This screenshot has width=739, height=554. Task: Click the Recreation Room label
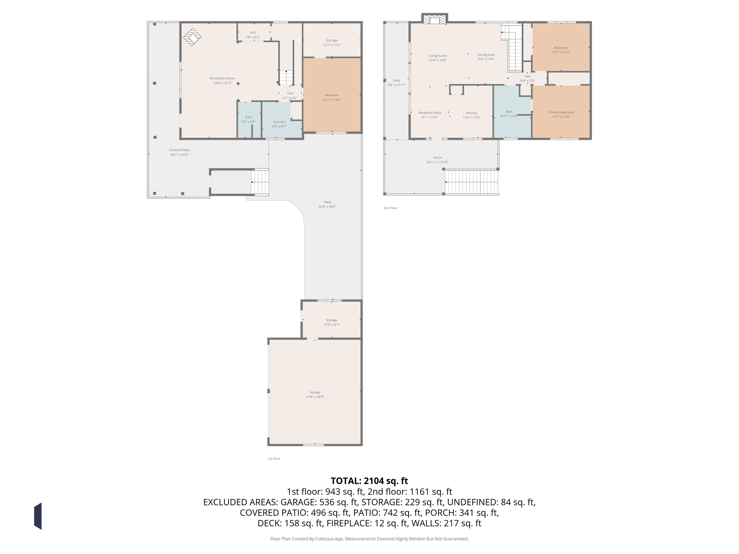click(x=222, y=78)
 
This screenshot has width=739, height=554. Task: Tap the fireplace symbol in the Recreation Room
click(x=192, y=37)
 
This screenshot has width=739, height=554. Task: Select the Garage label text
click(x=315, y=392)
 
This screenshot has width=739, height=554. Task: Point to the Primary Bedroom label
click(x=561, y=112)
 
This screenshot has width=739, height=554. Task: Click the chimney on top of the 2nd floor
click(x=434, y=19)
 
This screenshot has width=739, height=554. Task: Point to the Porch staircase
click(x=472, y=182)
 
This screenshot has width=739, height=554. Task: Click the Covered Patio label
click(x=179, y=150)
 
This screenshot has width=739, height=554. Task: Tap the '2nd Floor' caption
click(x=390, y=208)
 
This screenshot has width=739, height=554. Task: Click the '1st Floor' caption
click(x=274, y=459)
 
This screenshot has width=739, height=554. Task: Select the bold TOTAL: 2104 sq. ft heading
click(x=369, y=481)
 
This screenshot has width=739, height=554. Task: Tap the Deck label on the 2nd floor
click(x=397, y=81)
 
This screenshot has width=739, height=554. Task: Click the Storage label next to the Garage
click(x=331, y=320)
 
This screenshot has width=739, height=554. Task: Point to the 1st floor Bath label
click(x=248, y=117)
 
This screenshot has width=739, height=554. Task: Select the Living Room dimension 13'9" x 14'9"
click(x=438, y=60)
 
